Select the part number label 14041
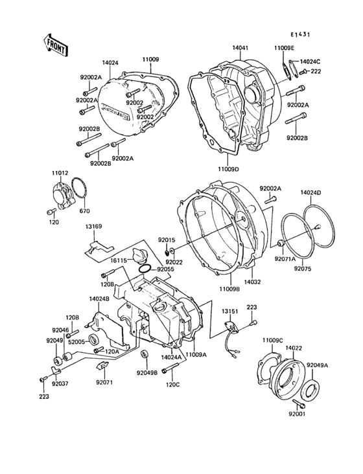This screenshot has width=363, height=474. click(242, 48)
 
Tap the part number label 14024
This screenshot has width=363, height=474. click(111, 63)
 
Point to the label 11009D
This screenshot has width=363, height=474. click(228, 169)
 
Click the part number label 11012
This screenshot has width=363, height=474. click(60, 174)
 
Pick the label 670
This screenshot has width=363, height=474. click(84, 211)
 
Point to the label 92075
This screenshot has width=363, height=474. click(304, 269)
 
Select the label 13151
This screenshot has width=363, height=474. click(231, 311)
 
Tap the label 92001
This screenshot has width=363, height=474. click(298, 413)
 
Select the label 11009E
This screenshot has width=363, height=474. click(284, 48)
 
